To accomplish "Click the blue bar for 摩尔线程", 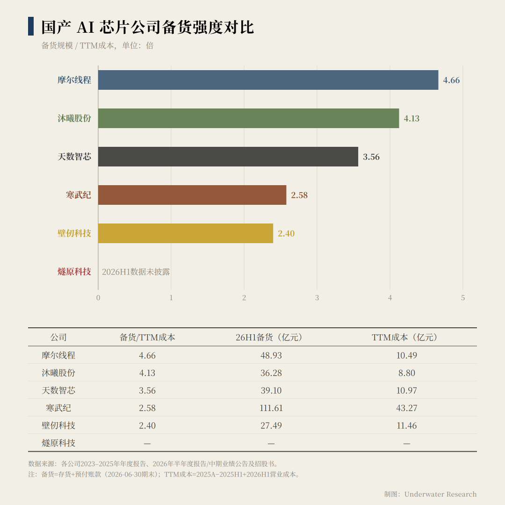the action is (268, 80).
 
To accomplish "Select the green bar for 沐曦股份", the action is (249, 118).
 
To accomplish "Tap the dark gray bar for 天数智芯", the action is (228, 157).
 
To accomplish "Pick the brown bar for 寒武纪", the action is (192, 195).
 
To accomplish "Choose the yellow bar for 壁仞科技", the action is (186, 233).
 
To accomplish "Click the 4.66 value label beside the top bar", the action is (451, 80).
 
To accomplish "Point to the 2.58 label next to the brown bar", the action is (299, 195).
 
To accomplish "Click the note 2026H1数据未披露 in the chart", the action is (136, 272).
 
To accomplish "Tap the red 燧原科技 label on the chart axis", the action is (74, 272).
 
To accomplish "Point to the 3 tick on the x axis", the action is (317, 298).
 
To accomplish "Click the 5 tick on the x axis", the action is (463, 298).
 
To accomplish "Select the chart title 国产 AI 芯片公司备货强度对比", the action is (148, 27).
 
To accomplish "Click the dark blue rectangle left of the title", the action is (31, 26).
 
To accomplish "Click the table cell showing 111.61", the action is (271, 408).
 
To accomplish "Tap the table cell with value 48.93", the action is (271, 355).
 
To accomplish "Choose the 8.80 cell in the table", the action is (406, 373).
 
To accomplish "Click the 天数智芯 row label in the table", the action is (58, 390).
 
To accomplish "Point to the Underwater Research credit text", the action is (440, 494).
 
